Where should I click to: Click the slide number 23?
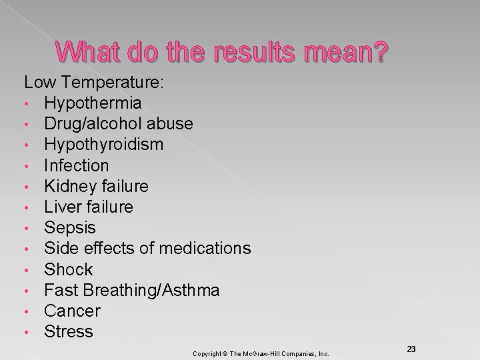coord(411,349)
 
